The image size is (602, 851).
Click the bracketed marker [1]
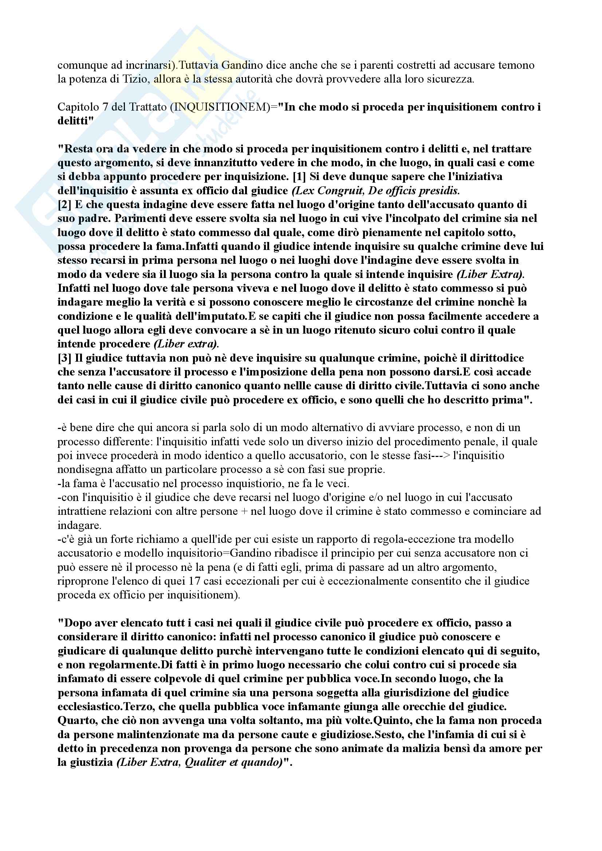point(299,176)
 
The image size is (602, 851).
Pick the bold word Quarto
point(74,720)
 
